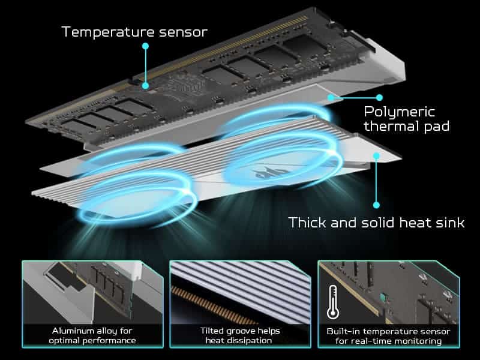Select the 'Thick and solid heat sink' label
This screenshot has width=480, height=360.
376,223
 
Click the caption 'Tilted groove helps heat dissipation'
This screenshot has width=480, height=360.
240,335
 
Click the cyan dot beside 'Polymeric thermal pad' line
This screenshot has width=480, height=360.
379,97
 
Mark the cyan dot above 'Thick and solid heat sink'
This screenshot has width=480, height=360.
376,157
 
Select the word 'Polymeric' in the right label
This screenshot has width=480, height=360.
400,112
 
